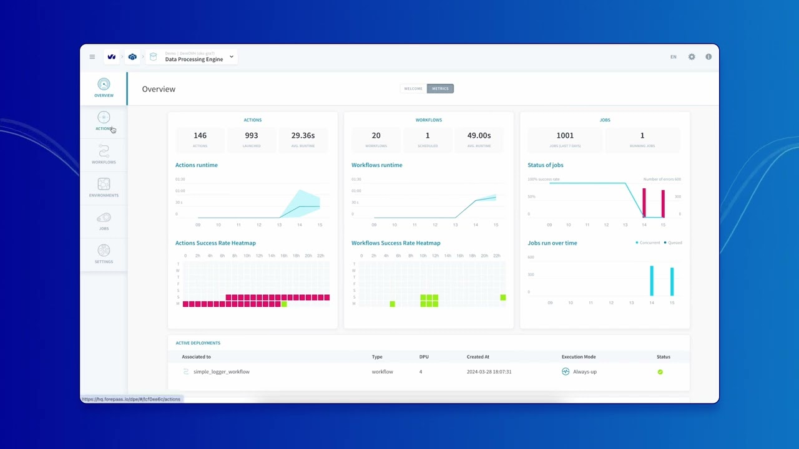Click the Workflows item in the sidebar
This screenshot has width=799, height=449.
tap(104, 154)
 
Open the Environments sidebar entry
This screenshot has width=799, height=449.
tap(104, 187)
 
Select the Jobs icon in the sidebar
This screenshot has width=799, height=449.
tap(104, 220)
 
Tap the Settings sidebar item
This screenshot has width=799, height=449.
tap(104, 253)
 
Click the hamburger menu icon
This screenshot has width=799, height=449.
tap(92, 57)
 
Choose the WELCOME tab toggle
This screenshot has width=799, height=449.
tap(413, 89)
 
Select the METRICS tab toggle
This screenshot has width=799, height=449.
tap(440, 89)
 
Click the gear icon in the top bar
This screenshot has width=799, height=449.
tap(692, 57)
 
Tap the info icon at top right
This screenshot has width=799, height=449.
tap(708, 57)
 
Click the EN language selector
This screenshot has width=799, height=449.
tap(674, 57)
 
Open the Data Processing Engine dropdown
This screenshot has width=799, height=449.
tap(231, 57)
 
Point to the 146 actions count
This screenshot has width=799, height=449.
tap(200, 135)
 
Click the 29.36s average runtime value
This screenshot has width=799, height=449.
tap(303, 135)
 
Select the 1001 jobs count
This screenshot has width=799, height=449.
tap(565, 135)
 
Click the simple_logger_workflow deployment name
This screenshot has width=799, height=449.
tap(221, 372)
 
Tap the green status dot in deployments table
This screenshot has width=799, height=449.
tap(660, 372)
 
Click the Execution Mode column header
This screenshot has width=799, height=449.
tap(579, 357)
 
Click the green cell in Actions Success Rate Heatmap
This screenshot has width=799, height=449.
tap(284, 304)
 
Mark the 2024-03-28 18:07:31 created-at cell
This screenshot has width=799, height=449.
tap(489, 372)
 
